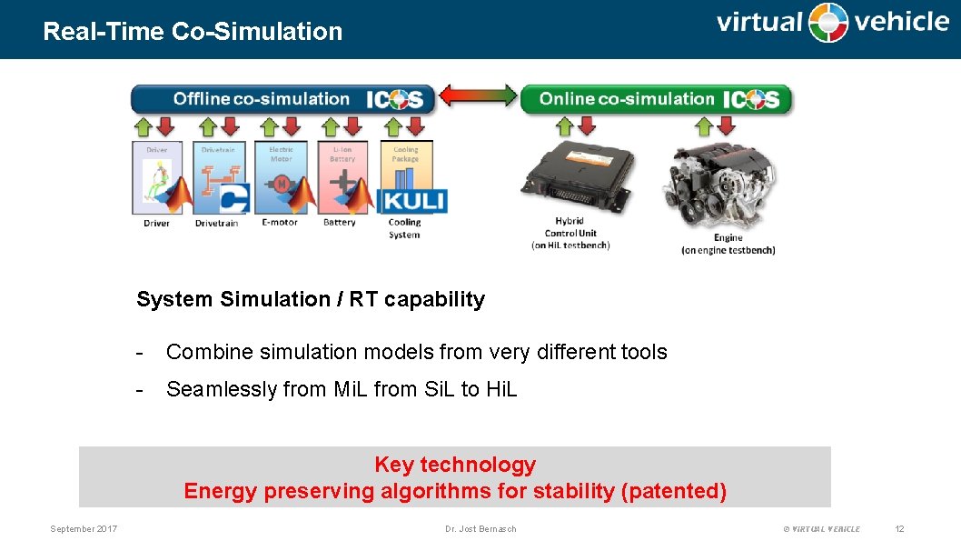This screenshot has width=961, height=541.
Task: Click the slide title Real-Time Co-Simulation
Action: click(x=193, y=31)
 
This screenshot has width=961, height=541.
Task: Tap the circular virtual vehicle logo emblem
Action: click(x=828, y=23)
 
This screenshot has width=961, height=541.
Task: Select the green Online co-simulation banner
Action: click(x=655, y=99)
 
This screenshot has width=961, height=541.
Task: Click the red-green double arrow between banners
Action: click(x=478, y=96)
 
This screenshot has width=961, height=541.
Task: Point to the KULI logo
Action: click(x=412, y=200)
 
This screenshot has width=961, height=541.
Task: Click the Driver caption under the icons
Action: click(x=156, y=223)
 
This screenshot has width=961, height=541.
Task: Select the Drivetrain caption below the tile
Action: click(x=216, y=223)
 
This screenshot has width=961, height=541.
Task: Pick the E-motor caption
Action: click(x=280, y=223)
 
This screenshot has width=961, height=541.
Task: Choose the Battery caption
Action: click(x=340, y=223)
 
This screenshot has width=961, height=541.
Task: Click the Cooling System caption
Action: click(x=404, y=228)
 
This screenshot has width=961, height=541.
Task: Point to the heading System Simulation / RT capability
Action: click(x=311, y=299)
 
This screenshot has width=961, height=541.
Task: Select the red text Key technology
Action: click(x=455, y=465)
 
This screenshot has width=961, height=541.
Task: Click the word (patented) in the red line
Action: click(x=673, y=491)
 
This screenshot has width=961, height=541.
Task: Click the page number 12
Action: click(x=899, y=528)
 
